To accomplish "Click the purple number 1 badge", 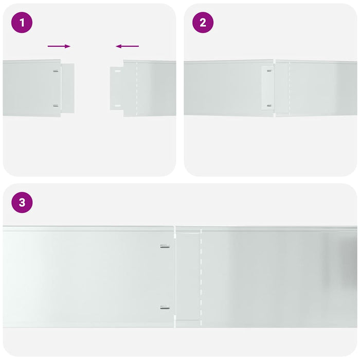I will (x=22, y=23).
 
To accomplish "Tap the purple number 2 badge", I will (x=203, y=23).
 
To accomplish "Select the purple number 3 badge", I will (x=22, y=203).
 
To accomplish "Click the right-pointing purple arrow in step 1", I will (x=59, y=46).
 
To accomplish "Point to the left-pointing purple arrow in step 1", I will (x=127, y=46).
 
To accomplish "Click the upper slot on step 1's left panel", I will (x=56, y=71).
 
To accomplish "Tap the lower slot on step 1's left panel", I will (x=56, y=105).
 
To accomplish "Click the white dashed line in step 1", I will (x=136, y=88).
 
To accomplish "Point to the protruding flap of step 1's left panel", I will (x=68, y=88).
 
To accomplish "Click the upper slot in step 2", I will (x=269, y=71).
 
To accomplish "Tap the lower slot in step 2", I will (x=269, y=106).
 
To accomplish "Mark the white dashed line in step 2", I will (x=289, y=88).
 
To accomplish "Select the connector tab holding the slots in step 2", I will (x=267, y=88).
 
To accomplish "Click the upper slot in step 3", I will (x=165, y=246).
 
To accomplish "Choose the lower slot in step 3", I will (x=165, y=308).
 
